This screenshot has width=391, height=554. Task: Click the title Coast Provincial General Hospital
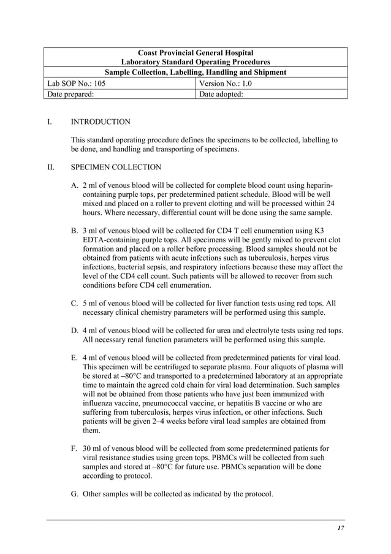(195, 53)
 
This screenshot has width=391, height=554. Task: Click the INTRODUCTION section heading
(101, 122)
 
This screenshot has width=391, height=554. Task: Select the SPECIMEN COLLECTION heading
(116, 167)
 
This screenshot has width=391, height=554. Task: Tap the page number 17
(340, 528)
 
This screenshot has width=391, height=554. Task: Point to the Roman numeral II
(51, 167)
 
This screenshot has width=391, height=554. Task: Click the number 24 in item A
(329, 203)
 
